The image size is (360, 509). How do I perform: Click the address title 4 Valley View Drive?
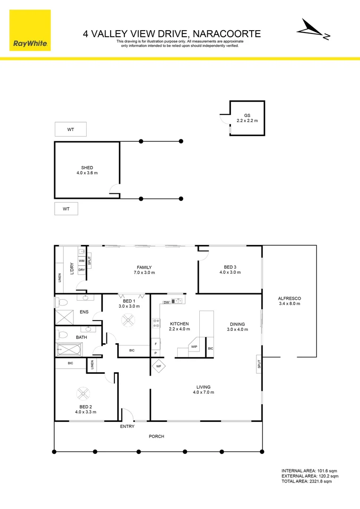point(172,33)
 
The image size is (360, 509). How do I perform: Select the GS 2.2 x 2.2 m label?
point(247,118)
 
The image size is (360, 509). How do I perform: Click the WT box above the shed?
point(71,129)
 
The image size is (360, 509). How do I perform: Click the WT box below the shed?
point(66,209)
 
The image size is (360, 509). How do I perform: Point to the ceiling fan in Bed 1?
point(128,320)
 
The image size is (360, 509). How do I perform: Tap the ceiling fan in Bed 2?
point(83,393)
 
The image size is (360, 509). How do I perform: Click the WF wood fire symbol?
point(158,365)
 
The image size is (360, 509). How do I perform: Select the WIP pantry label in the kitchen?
point(194,346)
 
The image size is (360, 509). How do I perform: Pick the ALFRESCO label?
point(289,301)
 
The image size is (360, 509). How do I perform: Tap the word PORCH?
point(156,436)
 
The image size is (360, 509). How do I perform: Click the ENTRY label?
point(127,427)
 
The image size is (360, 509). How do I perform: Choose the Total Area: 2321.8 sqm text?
point(306,481)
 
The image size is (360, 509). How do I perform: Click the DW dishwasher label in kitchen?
point(167,302)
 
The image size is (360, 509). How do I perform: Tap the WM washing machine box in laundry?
point(82,261)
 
